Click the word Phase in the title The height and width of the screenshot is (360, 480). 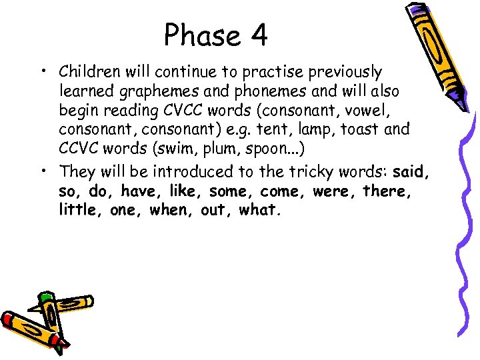(x=199, y=35)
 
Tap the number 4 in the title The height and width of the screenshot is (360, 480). (x=258, y=35)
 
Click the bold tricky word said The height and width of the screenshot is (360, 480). (x=409, y=172)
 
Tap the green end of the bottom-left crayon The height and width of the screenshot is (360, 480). (x=45, y=295)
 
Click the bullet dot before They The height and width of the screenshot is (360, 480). (x=43, y=173)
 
